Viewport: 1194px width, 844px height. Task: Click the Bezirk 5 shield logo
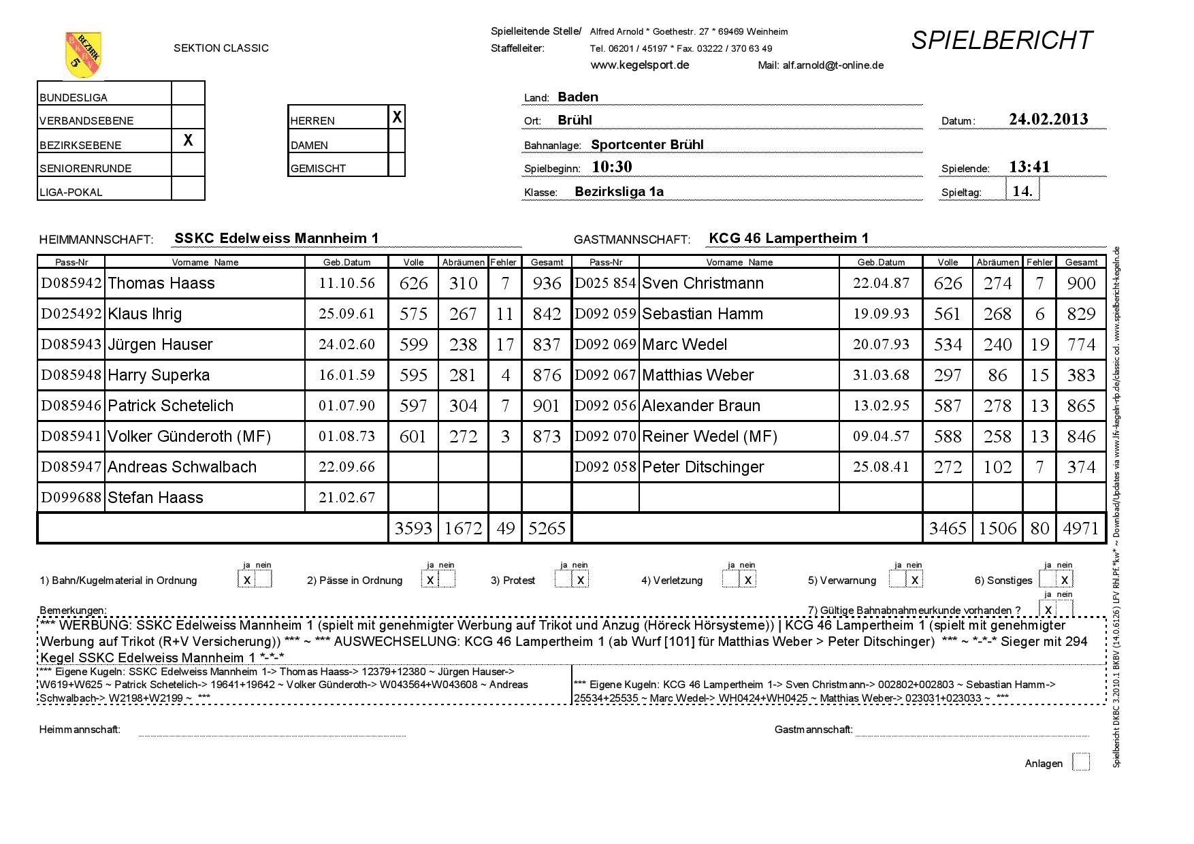[83, 54]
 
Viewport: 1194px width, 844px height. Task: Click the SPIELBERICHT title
[1001, 41]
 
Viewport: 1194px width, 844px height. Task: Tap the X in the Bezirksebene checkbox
[188, 140]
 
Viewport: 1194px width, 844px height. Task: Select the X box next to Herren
[397, 118]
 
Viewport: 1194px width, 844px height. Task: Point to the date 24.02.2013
[1048, 119]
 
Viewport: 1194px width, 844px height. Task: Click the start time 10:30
[612, 167]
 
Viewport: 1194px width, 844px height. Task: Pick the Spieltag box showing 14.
[1022, 191]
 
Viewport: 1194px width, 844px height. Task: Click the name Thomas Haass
[161, 283]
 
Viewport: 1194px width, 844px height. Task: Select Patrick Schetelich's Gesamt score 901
[547, 406]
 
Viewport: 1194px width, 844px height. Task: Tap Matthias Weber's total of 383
[1081, 375]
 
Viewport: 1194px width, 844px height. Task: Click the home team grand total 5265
[547, 528]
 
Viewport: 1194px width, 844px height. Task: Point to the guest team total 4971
[1081, 528]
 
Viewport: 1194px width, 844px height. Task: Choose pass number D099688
[71, 498]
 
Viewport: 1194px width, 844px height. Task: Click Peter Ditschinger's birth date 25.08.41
[881, 467]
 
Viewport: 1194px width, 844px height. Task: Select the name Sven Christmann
[703, 283]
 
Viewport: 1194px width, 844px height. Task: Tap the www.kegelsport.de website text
[639, 65]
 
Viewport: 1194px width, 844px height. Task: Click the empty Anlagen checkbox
[1080, 762]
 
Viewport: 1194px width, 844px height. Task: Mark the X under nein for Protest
[580, 580]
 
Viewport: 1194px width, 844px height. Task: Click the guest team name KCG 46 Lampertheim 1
[788, 238]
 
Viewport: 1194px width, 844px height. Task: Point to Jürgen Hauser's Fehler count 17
[505, 344]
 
